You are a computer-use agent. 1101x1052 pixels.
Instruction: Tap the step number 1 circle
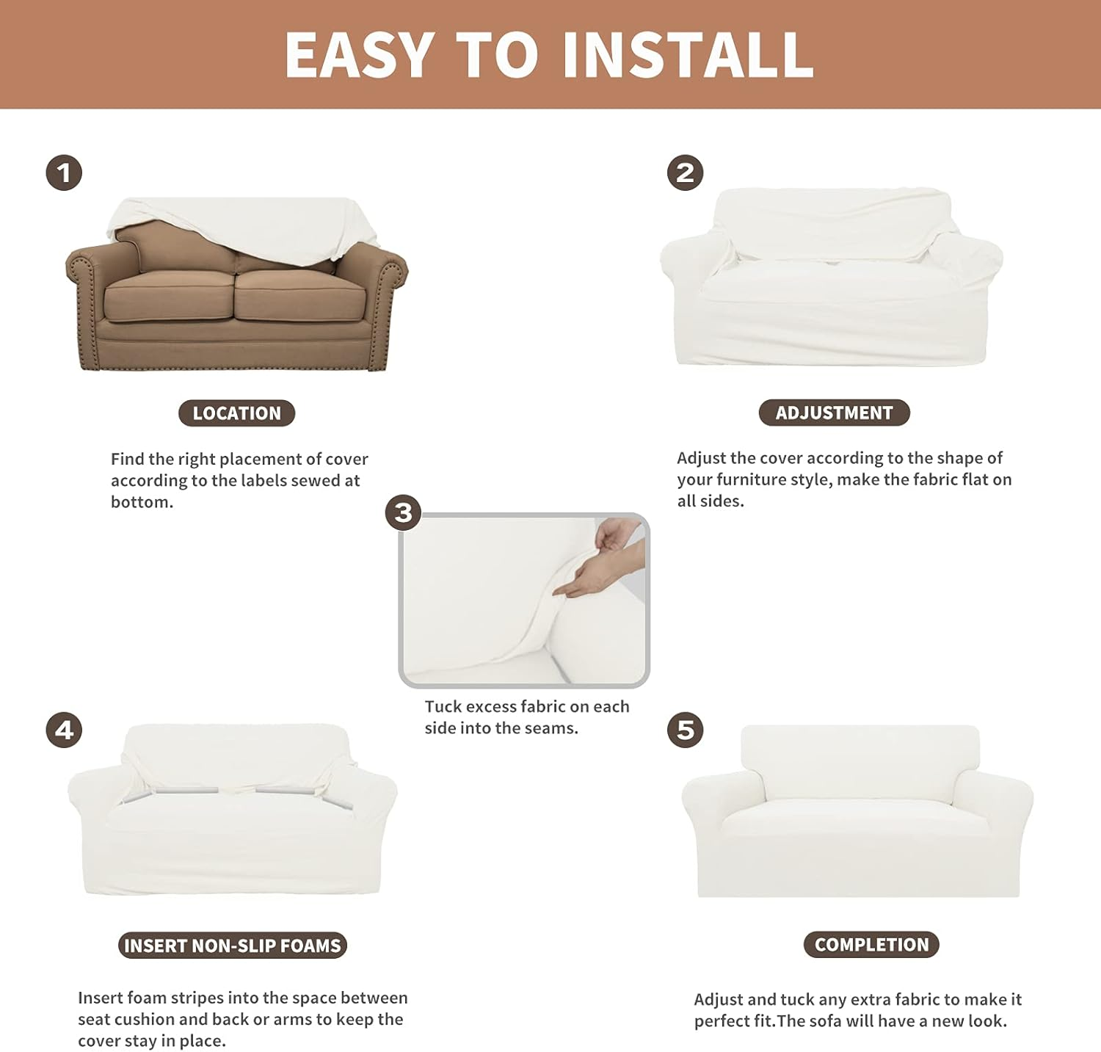[x=64, y=173]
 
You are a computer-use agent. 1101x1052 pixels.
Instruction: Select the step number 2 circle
[x=685, y=173]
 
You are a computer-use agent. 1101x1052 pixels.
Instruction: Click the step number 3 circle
[x=403, y=512]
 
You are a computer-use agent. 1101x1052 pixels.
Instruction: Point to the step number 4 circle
[x=64, y=730]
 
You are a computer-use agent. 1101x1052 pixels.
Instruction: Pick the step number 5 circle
[x=685, y=730]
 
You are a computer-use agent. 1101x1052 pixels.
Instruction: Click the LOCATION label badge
[x=236, y=413]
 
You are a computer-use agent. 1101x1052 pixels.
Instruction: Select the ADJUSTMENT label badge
[x=834, y=413]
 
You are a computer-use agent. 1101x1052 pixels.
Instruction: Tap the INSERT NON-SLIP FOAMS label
[x=232, y=946]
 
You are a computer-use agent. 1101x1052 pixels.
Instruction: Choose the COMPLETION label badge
[x=871, y=945]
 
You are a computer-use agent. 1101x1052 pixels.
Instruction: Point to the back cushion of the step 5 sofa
[x=860, y=763]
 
